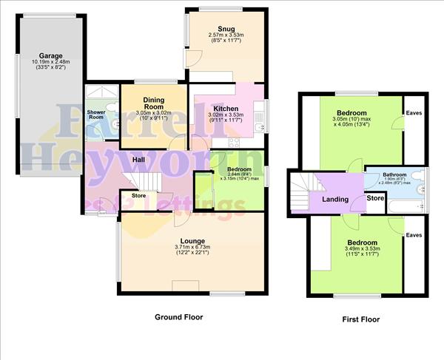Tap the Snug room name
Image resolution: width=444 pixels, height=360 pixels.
pos(217,29)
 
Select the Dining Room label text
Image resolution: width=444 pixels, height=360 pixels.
pos(153,103)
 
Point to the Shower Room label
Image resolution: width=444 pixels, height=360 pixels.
pos(96,116)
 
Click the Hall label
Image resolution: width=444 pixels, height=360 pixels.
pos(138,160)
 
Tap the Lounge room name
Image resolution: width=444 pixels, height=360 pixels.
pos(192,241)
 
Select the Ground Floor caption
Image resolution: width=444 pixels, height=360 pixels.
pos(178,317)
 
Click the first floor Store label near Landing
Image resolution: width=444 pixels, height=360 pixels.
pos(376,198)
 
